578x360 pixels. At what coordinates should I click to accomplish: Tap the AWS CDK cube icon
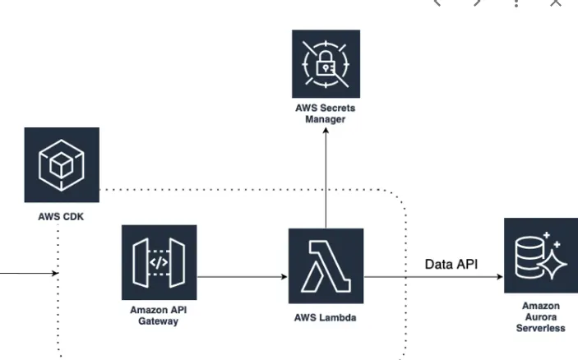point(62,164)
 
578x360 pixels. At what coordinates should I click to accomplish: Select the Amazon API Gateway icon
point(159,262)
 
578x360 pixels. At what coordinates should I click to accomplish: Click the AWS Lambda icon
point(326,266)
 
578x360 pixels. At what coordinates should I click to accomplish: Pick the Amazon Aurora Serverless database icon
point(540,256)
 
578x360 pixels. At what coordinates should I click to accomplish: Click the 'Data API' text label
point(451,265)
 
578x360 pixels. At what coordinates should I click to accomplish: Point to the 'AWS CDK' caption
point(62,219)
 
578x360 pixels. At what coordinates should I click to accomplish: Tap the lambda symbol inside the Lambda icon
point(326,266)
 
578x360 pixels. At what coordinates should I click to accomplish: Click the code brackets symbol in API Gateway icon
point(159,263)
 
